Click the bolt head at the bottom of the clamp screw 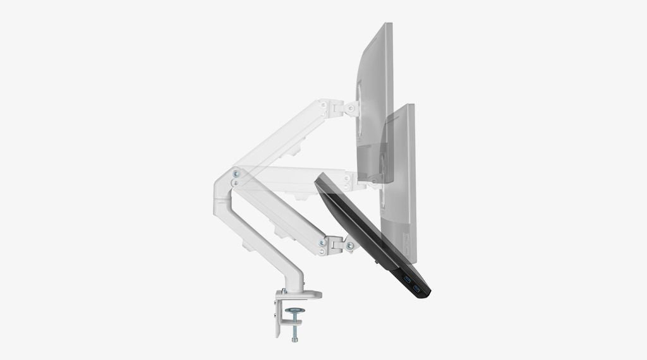coord(295,339)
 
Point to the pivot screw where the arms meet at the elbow coord(236,172)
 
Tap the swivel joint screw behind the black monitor coord(349,245)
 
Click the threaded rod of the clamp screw coord(295,325)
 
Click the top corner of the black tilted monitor coord(319,179)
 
